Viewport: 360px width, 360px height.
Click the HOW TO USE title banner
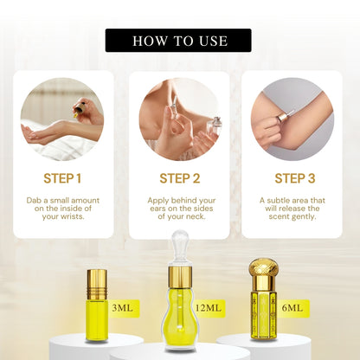coord(178,41)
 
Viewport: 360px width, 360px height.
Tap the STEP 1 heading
coord(62,178)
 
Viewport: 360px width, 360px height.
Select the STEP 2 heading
coord(180,178)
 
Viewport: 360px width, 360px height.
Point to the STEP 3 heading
coord(295,178)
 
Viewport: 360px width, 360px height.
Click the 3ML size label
coord(122,308)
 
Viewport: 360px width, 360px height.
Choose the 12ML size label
coord(209,308)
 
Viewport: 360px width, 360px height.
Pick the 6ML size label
coord(292,308)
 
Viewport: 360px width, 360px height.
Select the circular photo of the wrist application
coord(62,119)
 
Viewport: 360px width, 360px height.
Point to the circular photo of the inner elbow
coord(292,119)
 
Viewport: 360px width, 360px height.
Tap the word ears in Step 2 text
coord(158,209)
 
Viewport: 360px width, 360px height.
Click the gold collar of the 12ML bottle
coord(180,274)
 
